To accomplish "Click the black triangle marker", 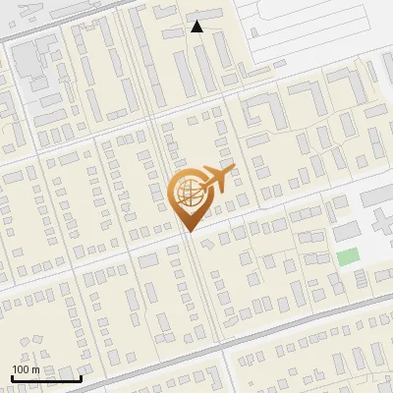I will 196,27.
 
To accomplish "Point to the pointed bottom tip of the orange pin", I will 191,230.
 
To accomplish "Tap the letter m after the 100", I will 35,369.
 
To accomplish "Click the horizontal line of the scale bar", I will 46,378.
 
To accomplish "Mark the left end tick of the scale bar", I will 12,377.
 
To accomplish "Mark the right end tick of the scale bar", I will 81,377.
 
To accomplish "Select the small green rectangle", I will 348,257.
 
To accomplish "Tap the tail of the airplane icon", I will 203,183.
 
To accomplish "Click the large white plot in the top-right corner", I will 324,29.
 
